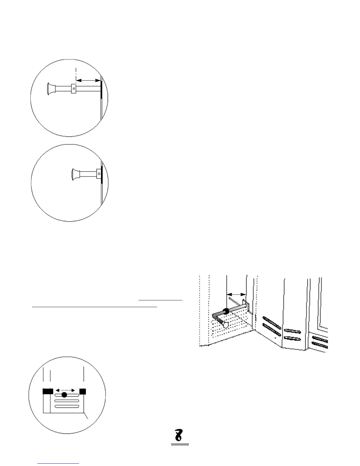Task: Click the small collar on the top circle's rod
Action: tap(74, 88)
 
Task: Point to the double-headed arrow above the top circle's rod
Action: tap(88, 79)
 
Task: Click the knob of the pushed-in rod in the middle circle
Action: tap(76, 174)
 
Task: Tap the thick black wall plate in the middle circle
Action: tap(102, 174)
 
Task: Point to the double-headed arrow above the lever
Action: tap(237, 294)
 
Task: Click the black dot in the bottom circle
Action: tap(64, 395)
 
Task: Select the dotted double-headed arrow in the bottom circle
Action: tap(65, 390)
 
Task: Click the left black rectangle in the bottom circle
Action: tap(48, 391)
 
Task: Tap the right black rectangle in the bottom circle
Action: tap(83, 391)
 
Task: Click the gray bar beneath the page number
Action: tap(180, 444)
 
